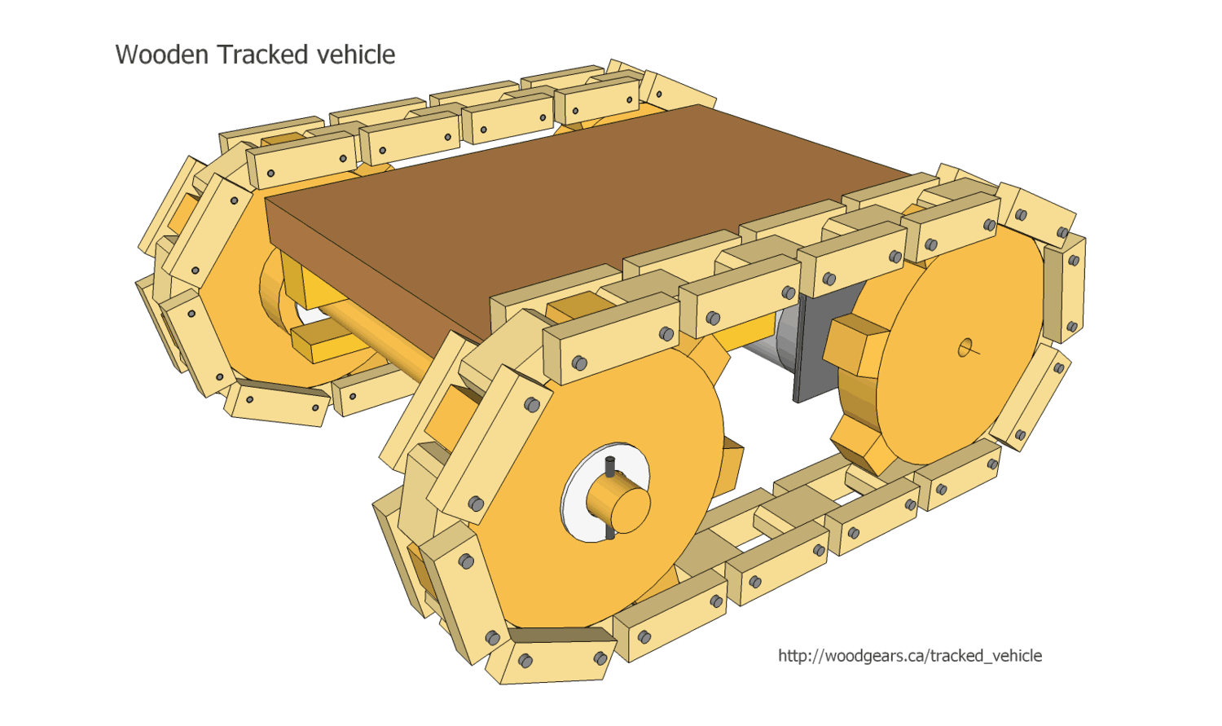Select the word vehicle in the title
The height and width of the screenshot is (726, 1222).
click(356, 55)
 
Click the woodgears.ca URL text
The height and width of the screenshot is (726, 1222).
click(909, 656)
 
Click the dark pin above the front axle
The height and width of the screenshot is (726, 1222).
click(610, 466)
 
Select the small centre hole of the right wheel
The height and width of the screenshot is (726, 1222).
click(965, 349)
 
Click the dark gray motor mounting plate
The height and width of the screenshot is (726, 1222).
click(815, 350)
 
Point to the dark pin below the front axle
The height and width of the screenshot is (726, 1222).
click(609, 532)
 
